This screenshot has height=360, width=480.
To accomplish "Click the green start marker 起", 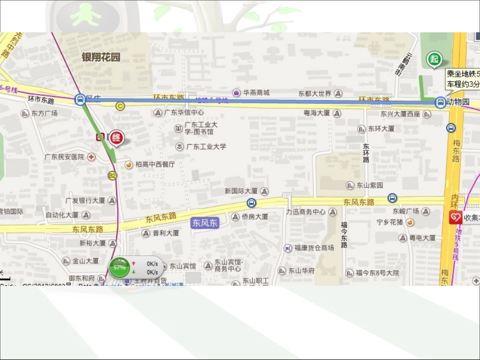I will pos(434,59).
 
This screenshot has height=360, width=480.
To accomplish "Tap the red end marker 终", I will pos(117,137).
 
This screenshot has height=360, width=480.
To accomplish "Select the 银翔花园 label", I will pos(101,57).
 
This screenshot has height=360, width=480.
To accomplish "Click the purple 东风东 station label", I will pos(205,223).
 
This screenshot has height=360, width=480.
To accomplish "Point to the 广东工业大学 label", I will pos(206,146).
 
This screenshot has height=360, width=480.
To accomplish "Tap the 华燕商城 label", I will pos(256,92).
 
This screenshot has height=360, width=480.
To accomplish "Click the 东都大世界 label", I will pos(315,93).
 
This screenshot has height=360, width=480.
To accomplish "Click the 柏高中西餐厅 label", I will pos(155,164).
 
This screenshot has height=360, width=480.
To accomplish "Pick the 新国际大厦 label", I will pos(241,191).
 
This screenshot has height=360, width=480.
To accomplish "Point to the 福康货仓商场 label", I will pos(314,248).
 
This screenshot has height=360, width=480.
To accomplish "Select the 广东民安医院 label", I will pos(64,157).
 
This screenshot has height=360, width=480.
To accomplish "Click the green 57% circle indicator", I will pos(120,267).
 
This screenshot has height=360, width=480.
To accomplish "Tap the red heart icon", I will pos(456,218).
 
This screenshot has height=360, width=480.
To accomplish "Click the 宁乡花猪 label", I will pos(390,222).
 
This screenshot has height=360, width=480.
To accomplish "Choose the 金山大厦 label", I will pos(85,261).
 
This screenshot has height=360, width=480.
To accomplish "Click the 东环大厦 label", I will pos(381,129).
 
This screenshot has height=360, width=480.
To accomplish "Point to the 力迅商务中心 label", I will pos(306,212).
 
